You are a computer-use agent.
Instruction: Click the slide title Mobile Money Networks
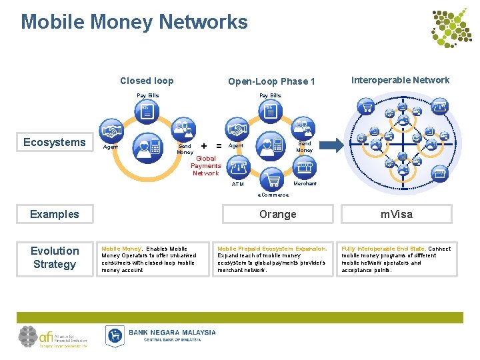(x=134, y=22)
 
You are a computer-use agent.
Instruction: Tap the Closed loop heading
(x=147, y=81)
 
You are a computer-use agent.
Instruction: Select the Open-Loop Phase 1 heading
(x=271, y=81)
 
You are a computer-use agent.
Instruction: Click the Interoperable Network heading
(x=400, y=80)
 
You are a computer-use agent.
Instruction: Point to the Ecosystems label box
(x=55, y=142)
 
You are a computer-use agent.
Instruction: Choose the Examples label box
(x=55, y=214)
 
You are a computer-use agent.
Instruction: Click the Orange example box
(x=277, y=214)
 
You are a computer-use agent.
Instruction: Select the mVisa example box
(x=397, y=214)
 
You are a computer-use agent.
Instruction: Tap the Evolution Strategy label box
(x=55, y=257)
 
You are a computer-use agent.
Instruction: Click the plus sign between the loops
(x=203, y=145)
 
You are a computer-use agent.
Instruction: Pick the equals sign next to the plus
(x=219, y=145)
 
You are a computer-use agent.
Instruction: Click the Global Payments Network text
(x=206, y=166)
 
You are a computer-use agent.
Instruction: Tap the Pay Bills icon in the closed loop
(x=147, y=111)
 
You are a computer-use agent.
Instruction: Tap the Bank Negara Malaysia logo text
(x=172, y=332)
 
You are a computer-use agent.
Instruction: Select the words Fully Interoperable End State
(x=383, y=249)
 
